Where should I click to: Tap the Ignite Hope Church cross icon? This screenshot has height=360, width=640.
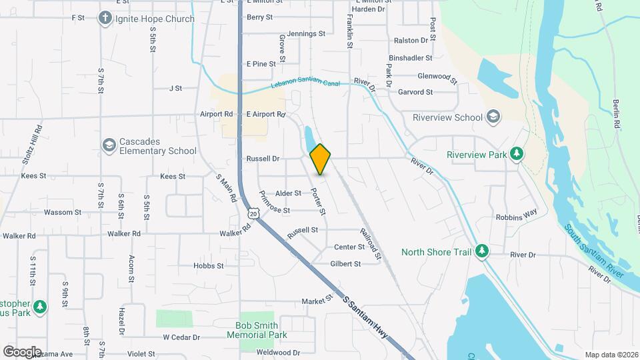coord(105,19)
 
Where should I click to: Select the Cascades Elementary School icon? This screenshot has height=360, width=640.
coord(109,145)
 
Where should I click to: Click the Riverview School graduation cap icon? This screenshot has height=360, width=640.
coord(493,117)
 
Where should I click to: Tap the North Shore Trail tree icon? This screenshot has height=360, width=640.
coord(482,251)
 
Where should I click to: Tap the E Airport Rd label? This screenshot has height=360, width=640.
coord(266,115)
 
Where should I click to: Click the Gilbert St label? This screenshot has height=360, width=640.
coord(345,264)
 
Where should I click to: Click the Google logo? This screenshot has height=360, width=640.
coord(22,352)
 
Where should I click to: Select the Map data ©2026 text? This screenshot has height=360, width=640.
coord(611,355)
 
